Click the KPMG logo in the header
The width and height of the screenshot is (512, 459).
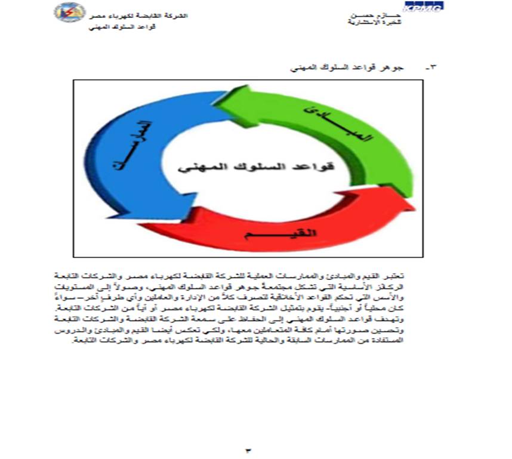423,8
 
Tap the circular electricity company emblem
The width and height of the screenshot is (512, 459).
69,13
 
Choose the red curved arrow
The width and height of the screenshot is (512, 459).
286,230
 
